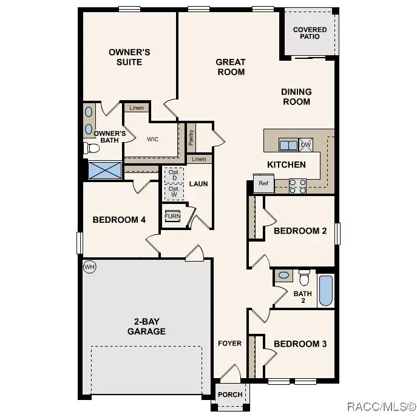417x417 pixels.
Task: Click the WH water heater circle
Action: point(89,266)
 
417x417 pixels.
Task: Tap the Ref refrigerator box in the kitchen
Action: point(263,183)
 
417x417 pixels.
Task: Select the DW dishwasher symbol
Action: point(306,144)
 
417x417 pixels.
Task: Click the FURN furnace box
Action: point(173,216)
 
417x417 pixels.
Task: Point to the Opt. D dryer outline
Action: point(174,175)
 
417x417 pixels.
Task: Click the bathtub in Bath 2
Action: point(326,291)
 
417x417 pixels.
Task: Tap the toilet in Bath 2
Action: point(304,277)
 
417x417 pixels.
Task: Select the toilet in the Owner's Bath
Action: point(91,148)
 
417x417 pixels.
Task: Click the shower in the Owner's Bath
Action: point(104,170)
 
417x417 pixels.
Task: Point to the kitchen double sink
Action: point(288,144)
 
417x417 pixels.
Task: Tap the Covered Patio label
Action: point(310,33)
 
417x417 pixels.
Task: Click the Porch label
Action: point(230,395)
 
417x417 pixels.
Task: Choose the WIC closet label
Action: point(152,139)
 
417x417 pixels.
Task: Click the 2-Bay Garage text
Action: point(146,327)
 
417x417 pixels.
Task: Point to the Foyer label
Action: point(230,344)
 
